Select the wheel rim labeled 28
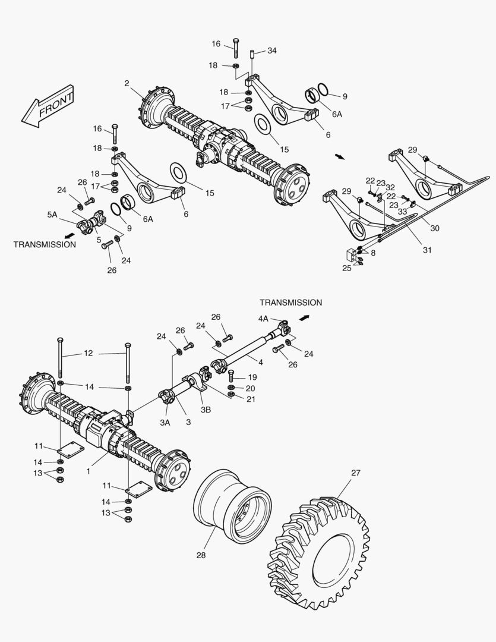click(233, 505)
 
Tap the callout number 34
click(271, 51)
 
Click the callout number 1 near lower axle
click(88, 471)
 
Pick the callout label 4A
click(263, 319)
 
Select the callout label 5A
click(52, 215)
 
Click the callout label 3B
click(206, 409)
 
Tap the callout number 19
click(252, 377)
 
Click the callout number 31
click(427, 250)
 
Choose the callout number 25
click(346, 269)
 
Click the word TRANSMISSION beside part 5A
click(45, 244)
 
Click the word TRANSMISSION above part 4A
click(290, 303)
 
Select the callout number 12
click(88, 353)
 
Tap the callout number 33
click(402, 210)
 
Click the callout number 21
click(251, 399)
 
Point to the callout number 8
click(373, 253)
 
